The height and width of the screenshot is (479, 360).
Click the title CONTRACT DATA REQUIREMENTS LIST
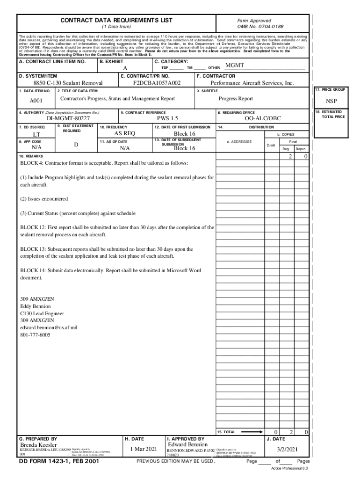click(116, 20)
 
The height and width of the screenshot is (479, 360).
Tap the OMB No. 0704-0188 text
click(260, 27)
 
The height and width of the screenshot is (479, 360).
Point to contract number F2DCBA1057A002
click(157, 83)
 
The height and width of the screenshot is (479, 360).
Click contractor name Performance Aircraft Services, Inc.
click(252, 83)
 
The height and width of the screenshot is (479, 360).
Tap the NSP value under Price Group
click(331, 102)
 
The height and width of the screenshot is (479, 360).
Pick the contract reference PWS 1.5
click(167, 119)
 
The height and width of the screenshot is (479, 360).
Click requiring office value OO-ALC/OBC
click(263, 119)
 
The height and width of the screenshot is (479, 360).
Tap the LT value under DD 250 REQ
click(36, 135)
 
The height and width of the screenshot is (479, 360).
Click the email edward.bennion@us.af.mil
click(49, 328)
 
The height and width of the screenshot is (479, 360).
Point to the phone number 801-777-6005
click(35, 335)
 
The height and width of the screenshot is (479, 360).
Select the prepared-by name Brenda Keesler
click(39, 444)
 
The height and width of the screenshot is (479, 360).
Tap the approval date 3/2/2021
click(287, 450)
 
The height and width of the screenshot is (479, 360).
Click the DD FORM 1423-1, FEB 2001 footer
click(59, 461)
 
